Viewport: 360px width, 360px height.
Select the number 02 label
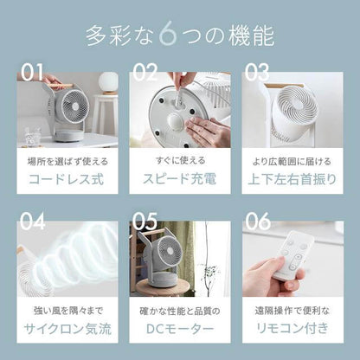click(145, 72)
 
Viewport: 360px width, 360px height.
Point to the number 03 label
click(258, 72)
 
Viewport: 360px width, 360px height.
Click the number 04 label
click(32, 222)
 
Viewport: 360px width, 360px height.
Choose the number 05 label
click(145, 222)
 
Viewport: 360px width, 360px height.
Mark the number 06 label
click(259, 222)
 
